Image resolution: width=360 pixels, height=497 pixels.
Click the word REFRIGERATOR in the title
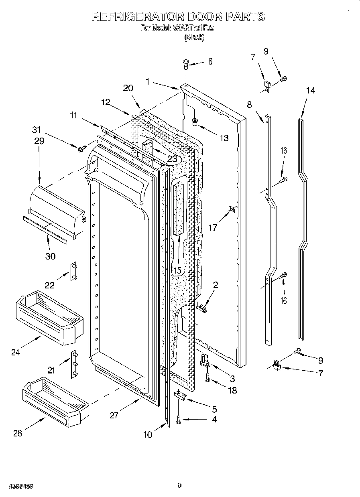point(138,17)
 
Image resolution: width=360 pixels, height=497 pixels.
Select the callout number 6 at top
point(209,61)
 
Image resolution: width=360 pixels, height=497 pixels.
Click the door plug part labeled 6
point(185,63)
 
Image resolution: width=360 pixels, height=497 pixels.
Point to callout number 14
point(310,91)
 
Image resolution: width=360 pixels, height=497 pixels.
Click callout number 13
point(224,138)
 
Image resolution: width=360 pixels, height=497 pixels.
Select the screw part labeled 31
point(80,149)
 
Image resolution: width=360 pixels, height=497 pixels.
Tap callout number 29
point(39,141)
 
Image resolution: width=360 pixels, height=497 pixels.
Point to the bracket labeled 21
point(74,364)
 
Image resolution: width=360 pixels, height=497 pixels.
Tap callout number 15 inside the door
point(177,270)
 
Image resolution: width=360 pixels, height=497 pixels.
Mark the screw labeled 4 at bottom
point(178,420)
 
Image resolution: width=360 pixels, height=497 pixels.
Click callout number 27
point(114,415)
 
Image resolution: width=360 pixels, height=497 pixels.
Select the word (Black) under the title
point(194,37)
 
